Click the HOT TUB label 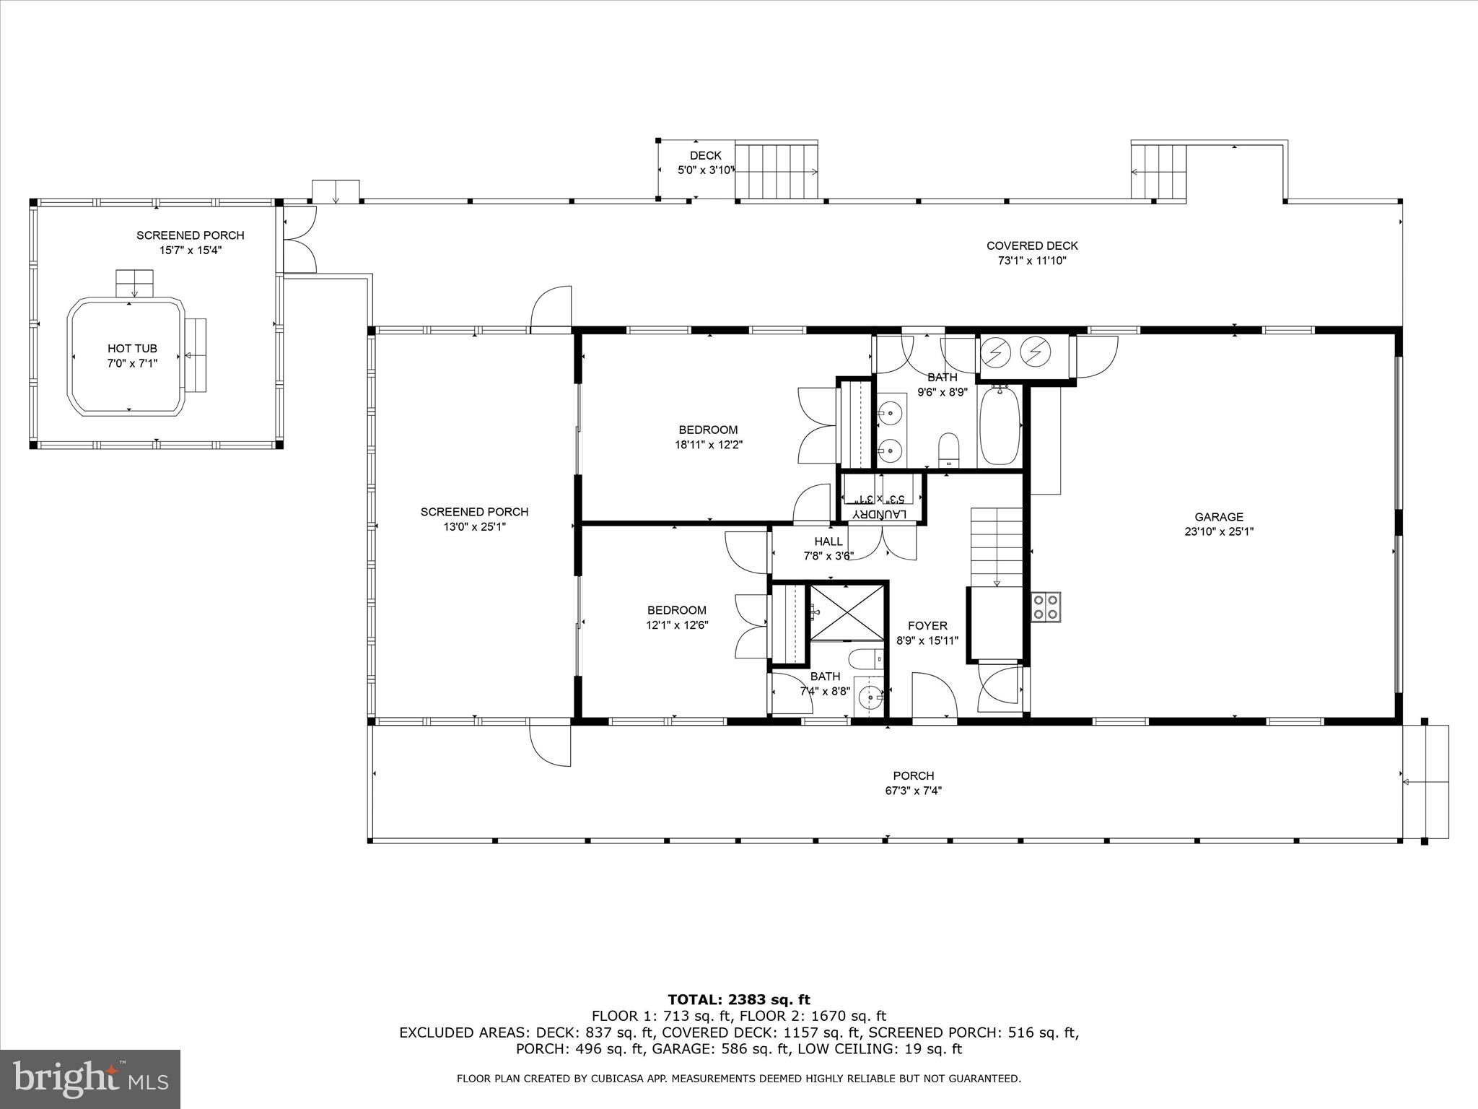[x=132, y=349]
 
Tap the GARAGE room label [x=1219, y=517]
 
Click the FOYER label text [x=927, y=626]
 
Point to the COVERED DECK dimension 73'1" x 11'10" [x=1032, y=261]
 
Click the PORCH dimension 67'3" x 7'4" [x=913, y=791]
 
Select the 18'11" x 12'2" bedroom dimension [x=708, y=445]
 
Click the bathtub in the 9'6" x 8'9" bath [x=1000, y=427]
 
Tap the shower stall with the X [x=847, y=612]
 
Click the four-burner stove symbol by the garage [x=1045, y=606]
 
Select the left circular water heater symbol [x=996, y=352]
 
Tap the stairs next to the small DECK [x=777, y=171]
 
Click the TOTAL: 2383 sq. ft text [x=739, y=1000]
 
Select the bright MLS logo [x=90, y=1079]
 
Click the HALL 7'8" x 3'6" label [x=828, y=549]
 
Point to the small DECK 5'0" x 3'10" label [x=705, y=163]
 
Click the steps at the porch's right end [x=1426, y=781]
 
